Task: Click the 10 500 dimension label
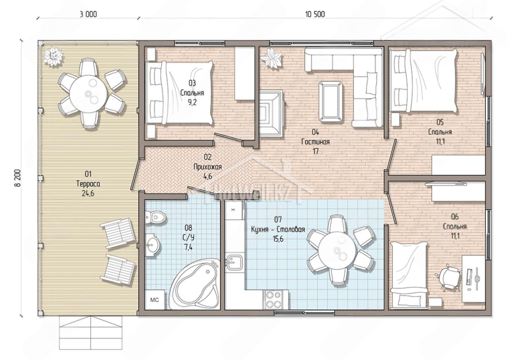click(315, 15)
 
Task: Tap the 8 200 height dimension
click(18, 178)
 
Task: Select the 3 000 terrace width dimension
click(88, 15)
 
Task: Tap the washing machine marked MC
click(155, 300)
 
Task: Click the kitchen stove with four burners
click(272, 299)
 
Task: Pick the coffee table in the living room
click(331, 101)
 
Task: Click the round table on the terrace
click(88, 94)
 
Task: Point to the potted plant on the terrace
click(53, 56)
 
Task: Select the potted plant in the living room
click(271, 58)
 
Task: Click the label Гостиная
click(315, 142)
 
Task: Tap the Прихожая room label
click(208, 167)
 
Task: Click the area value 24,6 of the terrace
click(88, 193)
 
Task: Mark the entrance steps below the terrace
click(91, 333)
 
